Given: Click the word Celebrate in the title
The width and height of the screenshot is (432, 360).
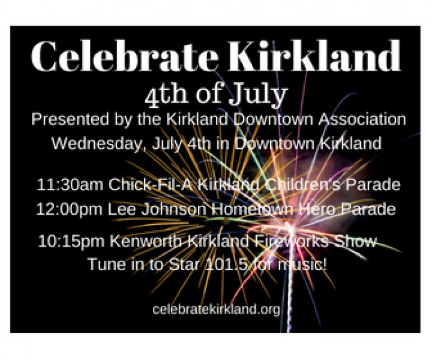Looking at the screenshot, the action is (125, 56).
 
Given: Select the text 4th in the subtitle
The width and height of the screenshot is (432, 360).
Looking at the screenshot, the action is (166, 95).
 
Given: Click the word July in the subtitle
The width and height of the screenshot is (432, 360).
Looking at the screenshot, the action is (258, 95).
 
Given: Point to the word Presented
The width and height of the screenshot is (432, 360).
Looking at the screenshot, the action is (70, 119).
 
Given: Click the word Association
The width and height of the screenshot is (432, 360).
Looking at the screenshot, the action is (362, 119).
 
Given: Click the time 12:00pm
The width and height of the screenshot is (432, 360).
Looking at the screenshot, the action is (69, 209).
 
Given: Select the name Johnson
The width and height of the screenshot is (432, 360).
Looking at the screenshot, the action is (173, 209).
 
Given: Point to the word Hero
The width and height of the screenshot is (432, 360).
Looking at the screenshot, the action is (317, 209).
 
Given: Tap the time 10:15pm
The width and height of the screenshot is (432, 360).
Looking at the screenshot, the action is (71, 241).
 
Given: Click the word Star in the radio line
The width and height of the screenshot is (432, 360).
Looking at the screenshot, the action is (184, 264).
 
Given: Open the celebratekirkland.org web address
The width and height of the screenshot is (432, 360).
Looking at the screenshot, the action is (217, 309).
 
